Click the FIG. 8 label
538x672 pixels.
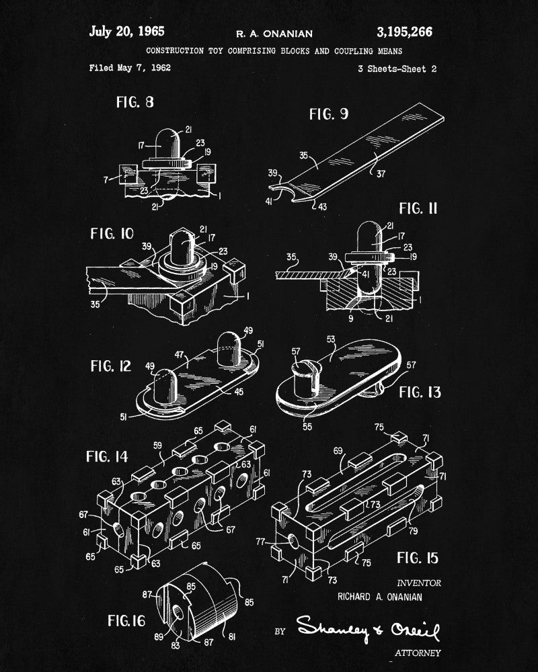coord(134,102)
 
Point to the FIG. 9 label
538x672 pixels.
coord(328,114)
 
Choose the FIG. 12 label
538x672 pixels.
coord(112,366)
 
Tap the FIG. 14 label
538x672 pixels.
coord(107,457)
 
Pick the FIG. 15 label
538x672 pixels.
coord(418,557)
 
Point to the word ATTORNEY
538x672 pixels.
coord(416,653)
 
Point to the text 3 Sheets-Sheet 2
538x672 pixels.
coord(398,69)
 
